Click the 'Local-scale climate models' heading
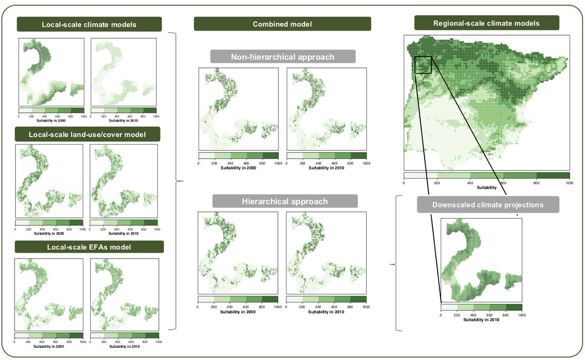point(89,24)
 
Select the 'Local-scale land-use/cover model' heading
point(88,134)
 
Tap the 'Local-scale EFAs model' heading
point(89,247)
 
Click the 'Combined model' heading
point(282,24)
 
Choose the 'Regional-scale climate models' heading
point(487,23)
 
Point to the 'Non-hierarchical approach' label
point(283,57)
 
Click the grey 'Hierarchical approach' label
point(285,201)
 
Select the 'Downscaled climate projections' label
point(487,205)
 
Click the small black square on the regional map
point(423,64)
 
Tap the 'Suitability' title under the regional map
point(487,187)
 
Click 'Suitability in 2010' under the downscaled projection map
point(481,320)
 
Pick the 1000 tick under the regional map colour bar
point(569,182)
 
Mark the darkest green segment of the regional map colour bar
point(553,175)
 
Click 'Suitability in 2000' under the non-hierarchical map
point(238,168)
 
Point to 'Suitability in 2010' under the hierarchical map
point(326,312)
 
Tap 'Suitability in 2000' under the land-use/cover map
point(49,233)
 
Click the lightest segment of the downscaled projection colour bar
point(448,307)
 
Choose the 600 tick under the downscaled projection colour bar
point(489,315)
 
